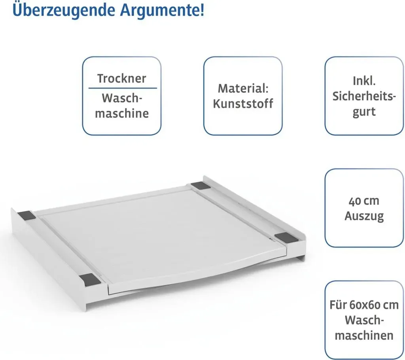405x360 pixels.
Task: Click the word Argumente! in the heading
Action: [x=162, y=10]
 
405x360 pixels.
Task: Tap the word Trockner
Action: [x=122, y=79]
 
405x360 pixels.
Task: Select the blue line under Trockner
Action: [x=123, y=88]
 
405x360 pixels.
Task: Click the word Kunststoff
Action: [x=243, y=104]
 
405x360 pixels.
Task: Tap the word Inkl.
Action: [x=364, y=81]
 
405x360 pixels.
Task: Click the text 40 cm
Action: [x=364, y=201]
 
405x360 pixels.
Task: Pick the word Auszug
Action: [x=364, y=216]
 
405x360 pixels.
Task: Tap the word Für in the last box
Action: [x=338, y=305]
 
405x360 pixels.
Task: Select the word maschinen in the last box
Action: [x=364, y=336]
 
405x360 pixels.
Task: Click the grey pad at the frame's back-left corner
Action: [x=26, y=215]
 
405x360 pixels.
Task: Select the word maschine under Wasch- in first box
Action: [x=122, y=113]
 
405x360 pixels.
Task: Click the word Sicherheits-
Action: [x=364, y=96]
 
